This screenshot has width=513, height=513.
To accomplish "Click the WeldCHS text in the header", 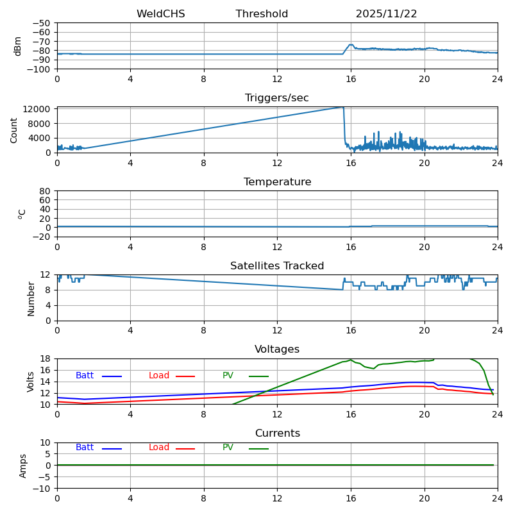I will pos(160,14).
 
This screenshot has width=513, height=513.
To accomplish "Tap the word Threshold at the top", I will pos(262,14).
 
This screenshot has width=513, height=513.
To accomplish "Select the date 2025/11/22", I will pos(386,14).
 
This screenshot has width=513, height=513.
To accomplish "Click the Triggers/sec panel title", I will pos(277,98).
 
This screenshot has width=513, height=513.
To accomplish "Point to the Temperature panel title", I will pos(277,182).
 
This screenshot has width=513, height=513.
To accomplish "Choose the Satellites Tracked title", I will pos(277,266).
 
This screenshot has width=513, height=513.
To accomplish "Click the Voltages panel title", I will pos(277,349).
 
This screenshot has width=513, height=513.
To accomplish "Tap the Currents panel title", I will pos(277,433).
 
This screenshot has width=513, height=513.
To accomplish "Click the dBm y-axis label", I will pos(18,46).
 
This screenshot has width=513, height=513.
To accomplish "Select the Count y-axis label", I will pos(14,130).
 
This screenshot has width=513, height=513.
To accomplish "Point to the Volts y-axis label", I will pos(31,382).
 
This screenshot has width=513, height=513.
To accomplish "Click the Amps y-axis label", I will pos(23,466).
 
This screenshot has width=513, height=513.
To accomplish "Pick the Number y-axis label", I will pos(31,298).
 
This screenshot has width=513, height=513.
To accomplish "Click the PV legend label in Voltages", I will pos(228,376).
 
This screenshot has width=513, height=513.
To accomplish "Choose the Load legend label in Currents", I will pos(159,448).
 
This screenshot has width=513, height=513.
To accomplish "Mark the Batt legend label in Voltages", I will pos(85,376).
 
